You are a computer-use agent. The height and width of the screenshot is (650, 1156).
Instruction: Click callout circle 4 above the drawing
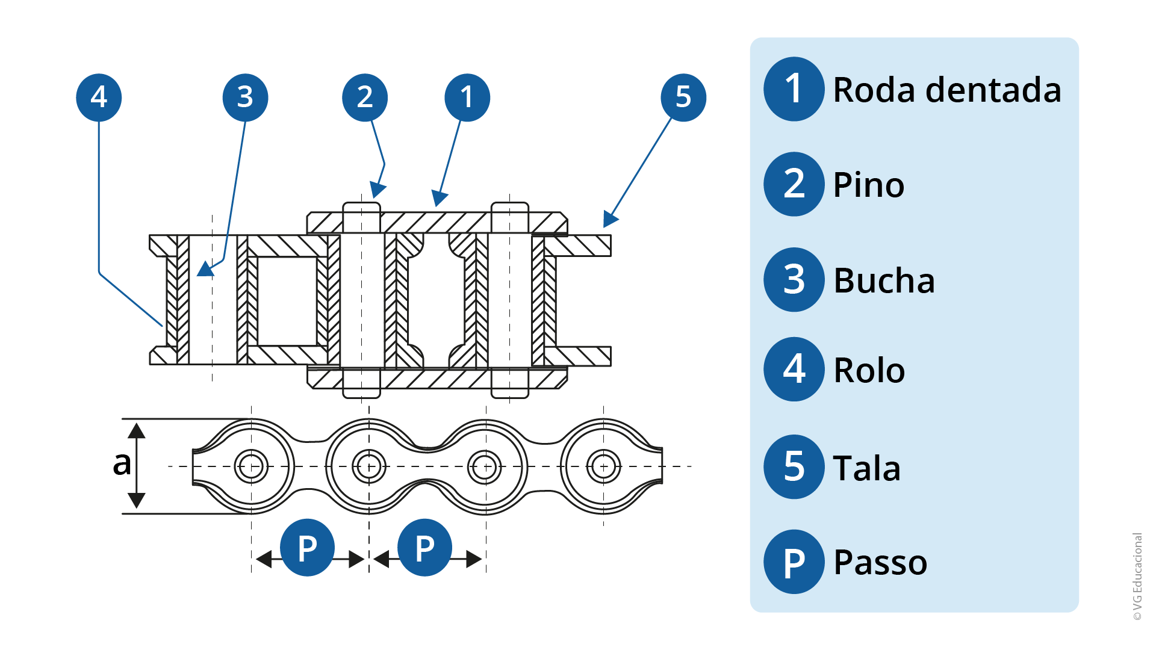pyautogui.click(x=99, y=97)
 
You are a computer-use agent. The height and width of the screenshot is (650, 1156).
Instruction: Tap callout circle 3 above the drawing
pyautogui.click(x=245, y=97)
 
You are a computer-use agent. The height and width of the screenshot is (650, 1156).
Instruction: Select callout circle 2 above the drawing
pyautogui.click(x=365, y=97)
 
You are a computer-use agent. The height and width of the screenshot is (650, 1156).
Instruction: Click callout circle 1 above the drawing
pyautogui.click(x=467, y=97)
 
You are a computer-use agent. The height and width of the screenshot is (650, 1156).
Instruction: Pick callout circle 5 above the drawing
pyautogui.click(x=683, y=97)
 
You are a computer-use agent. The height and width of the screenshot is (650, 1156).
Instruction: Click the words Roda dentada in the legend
pyautogui.click(x=947, y=90)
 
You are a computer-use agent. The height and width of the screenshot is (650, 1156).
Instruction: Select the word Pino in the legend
pyautogui.click(x=868, y=185)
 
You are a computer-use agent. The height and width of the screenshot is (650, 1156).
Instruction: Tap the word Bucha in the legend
pyautogui.click(x=884, y=280)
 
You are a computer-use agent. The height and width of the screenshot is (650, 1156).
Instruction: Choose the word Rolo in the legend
pyautogui.click(x=869, y=370)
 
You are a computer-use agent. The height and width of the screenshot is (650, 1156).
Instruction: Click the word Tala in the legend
pyautogui.click(x=866, y=468)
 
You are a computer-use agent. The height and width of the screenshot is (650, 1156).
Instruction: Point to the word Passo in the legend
pyautogui.click(x=880, y=563)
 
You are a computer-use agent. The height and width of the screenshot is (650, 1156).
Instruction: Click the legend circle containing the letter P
pyautogui.click(x=794, y=562)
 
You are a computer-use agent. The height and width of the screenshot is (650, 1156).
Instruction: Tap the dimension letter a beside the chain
pyautogui.click(x=122, y=463)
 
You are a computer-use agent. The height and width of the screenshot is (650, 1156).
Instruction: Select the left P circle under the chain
pyautogui.click(x=308, y=548)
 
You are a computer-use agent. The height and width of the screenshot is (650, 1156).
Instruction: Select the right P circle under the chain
pyautogui.click(x=425, y=548)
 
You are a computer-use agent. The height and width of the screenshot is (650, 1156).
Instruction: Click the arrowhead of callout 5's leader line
pyautogui.click(x=610, y=219)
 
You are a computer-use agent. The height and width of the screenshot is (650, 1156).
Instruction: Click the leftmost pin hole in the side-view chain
pyautogui.click(x=251, y=466)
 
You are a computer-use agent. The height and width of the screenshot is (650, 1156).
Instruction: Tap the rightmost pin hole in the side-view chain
pyautogui.click(x=603, y=466)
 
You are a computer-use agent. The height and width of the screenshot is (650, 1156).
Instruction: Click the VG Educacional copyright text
pyautogui.click(x=1137, y=577)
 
